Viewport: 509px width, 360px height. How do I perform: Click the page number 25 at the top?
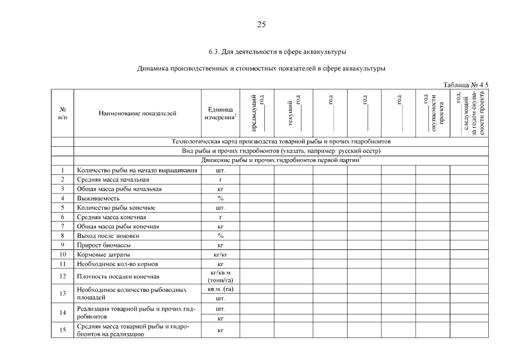(261, 24)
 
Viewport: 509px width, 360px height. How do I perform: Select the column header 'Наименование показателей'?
(137, 113)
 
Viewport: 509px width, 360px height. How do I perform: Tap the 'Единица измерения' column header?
(220, 113)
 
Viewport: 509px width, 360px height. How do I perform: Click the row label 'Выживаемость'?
(98, 198)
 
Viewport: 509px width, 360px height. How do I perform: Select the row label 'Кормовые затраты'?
(103, 254)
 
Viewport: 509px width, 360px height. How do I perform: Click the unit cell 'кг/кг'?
(220, 254)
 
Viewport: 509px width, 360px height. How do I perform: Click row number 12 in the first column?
(63, 276)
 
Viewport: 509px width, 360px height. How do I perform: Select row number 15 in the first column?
(63, 330)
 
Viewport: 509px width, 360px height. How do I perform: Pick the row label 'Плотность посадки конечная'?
(118, 276)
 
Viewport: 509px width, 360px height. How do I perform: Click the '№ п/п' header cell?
(63, 113)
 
